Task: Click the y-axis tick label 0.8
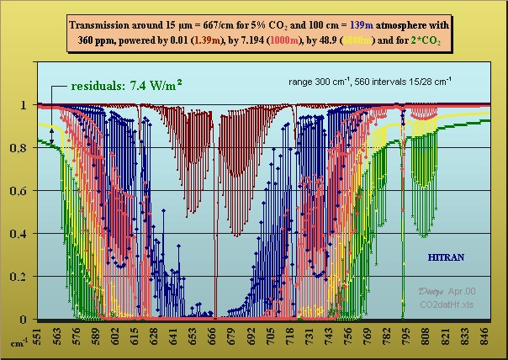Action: point(23,148)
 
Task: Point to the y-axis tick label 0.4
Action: point(23,234)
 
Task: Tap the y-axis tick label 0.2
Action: point(23,277)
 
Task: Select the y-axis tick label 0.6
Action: point(23,191)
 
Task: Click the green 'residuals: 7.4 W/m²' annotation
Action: point(127,85)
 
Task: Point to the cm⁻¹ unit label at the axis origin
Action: point(18,343)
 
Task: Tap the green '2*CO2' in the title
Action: point(424,40)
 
